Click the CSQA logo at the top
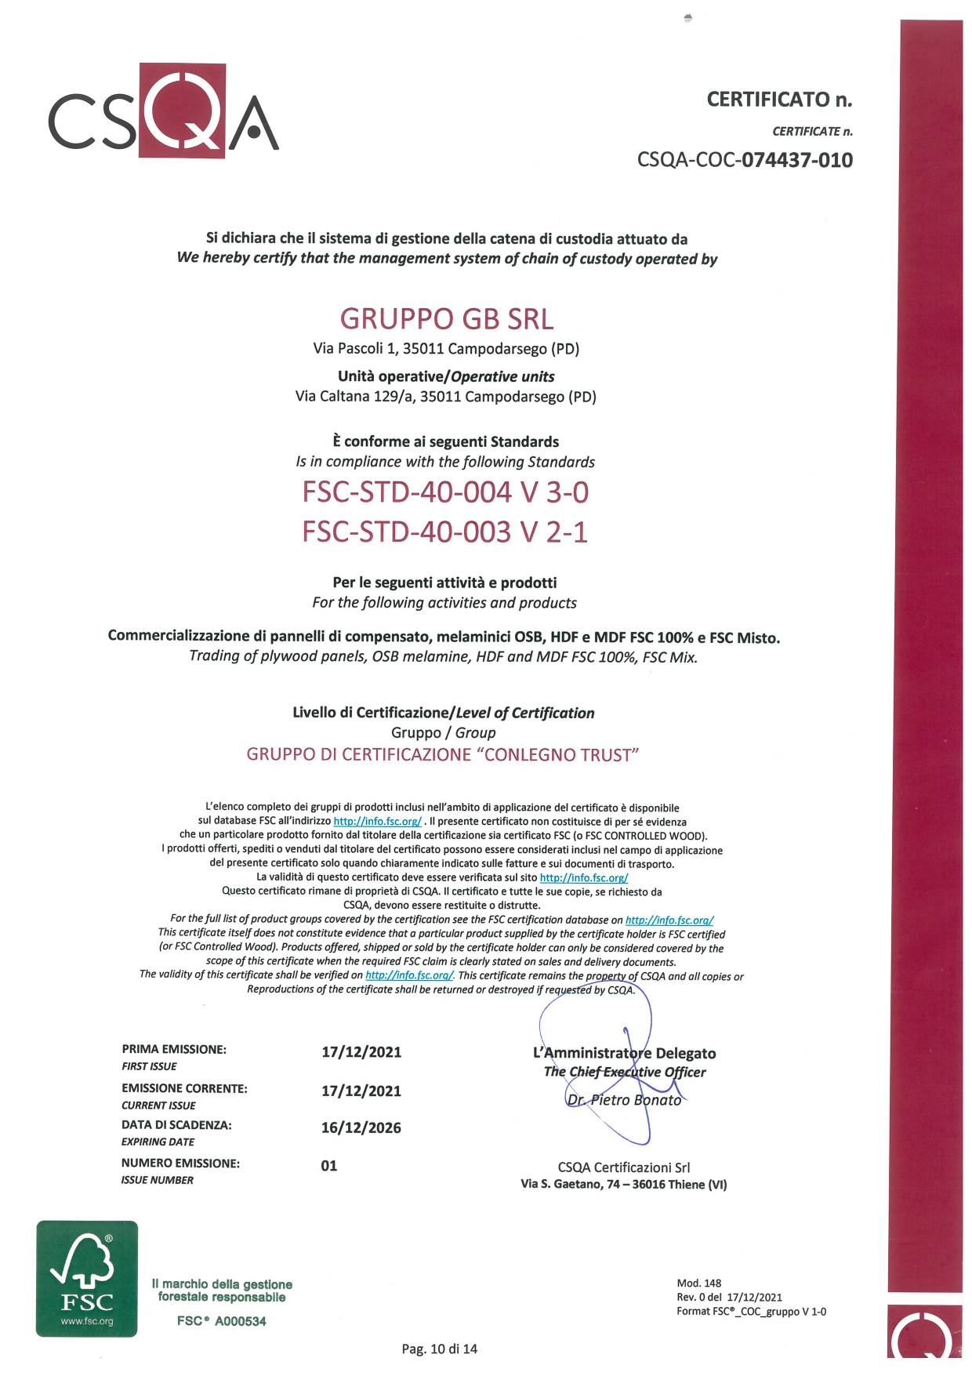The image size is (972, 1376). point(163,111)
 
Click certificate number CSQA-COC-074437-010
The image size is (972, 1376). point(744,160)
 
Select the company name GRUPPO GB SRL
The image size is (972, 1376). point(446,319)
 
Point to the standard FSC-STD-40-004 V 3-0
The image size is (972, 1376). point(445,492)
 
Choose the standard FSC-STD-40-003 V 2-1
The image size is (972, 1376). point(444,532)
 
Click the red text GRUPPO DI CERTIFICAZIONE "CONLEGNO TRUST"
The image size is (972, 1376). point(443,755)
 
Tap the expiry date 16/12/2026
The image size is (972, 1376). point(361,1128)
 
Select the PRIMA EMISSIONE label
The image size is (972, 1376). point(174,1049)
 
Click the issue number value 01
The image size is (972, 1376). point(329,1166)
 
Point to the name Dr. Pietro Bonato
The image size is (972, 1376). point(624,1100)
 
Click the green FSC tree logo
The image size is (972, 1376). point(87,1279)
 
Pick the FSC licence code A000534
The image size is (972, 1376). point(222,1321)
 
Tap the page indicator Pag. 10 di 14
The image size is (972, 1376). point(439,1349)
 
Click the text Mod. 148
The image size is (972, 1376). point(698,1283)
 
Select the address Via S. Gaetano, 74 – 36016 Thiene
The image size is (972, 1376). point(623,1185)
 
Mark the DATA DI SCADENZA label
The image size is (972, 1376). point(176,1125)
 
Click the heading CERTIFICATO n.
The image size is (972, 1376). point(778,100)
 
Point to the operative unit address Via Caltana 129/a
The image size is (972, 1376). point(445,397)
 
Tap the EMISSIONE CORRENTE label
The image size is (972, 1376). point(184,1088)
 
